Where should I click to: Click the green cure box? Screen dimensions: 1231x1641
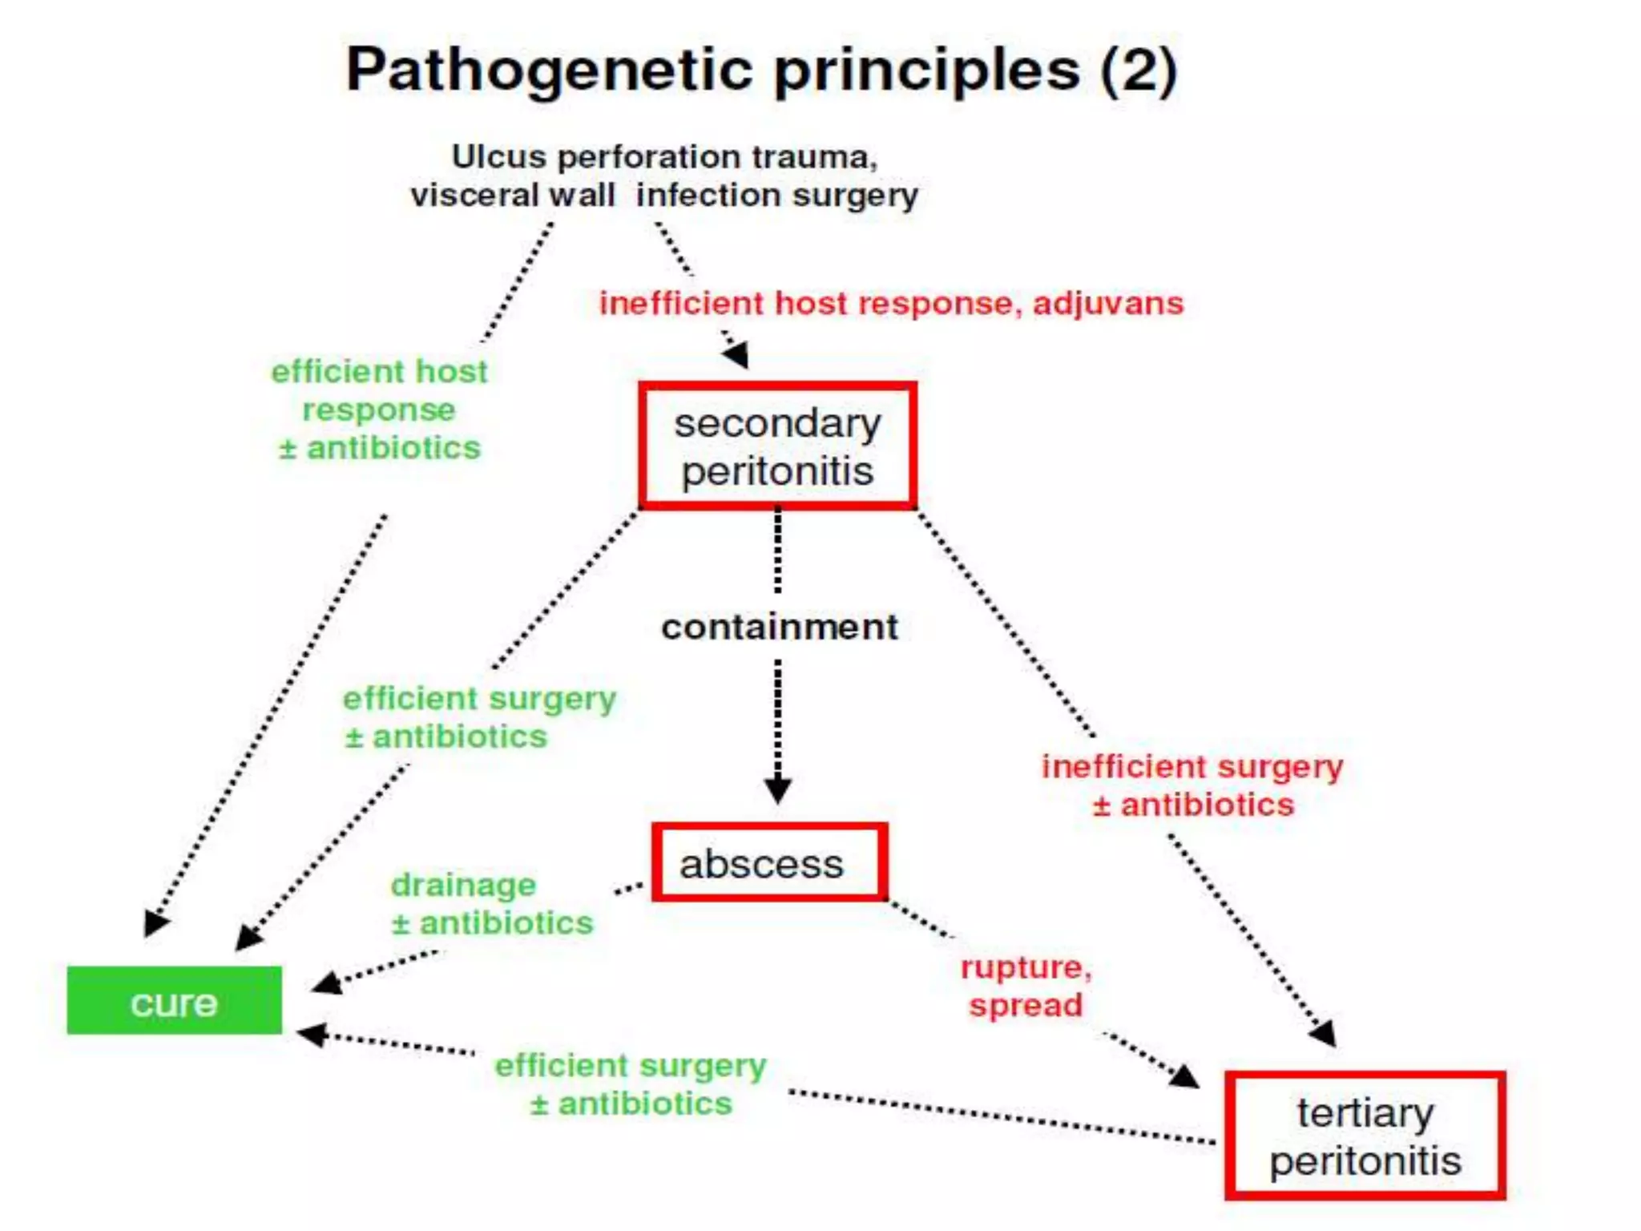tap(174, 1000)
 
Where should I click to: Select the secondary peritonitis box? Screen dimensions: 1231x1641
tap(777, 446)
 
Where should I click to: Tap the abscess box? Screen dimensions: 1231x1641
tap(769, 862)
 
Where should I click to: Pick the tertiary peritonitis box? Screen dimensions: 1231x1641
tap(1365, 1136)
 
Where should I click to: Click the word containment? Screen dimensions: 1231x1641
tap(779, 627)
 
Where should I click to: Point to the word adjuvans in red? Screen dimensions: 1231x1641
tap(1107, 304)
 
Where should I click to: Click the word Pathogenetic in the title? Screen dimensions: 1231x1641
tap(549, 71)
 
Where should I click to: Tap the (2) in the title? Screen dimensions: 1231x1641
tap(1138, 71)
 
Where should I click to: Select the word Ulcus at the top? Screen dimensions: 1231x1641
tap(498, 157)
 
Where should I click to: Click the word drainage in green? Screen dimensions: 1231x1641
tap(463, 886)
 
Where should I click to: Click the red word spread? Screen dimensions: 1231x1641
tap(1025, 1006)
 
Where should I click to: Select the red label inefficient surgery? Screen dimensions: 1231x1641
tap(1191, 767)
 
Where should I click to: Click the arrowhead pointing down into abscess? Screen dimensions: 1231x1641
tap(777, 790)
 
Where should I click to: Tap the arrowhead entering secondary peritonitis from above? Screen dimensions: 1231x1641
tap(737, 354)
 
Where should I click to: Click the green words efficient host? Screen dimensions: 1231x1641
tap(379, 372)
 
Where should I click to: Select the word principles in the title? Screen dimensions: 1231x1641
tap(926, 71)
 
